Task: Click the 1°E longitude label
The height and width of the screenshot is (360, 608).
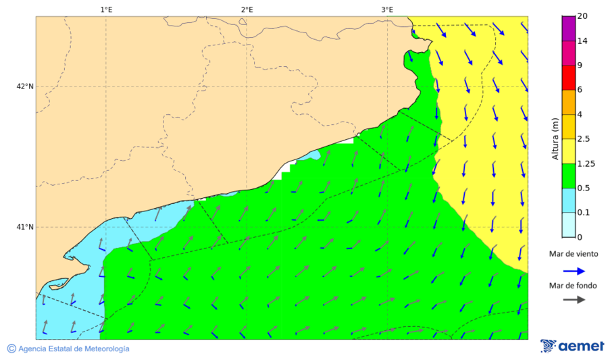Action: pos(106,9)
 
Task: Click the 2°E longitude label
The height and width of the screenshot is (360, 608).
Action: pos(247,9)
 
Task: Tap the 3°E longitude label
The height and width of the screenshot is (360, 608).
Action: pos(387,9)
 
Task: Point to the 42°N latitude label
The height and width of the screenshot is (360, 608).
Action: pos(25,86)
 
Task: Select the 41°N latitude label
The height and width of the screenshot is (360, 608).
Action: pos(25,227)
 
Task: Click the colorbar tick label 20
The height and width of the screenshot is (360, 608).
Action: pos(582,16)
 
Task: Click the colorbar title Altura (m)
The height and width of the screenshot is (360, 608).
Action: pos(555,138)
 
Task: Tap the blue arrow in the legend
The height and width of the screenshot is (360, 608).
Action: pos(574,270)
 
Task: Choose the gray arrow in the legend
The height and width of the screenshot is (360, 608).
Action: pos(574,300)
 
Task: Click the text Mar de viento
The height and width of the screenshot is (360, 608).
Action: pos(573,254)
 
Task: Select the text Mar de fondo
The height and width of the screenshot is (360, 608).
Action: pos(573,285)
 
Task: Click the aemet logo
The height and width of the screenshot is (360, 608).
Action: pos(572,346)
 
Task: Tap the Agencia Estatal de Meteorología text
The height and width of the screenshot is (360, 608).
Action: pos(74,349)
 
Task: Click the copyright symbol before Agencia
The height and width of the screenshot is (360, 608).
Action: pos(11,349)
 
